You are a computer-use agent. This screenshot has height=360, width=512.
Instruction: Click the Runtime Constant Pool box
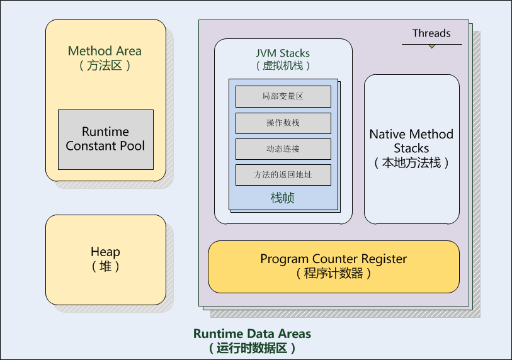coord(105,139)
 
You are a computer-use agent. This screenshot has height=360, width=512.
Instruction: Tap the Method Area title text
coord(105,51)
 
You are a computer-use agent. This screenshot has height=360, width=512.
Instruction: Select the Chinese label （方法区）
coord(105,65)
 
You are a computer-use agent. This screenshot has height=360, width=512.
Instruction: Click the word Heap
coord(105,252)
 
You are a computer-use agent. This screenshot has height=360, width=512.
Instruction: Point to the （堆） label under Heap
coord(105,266)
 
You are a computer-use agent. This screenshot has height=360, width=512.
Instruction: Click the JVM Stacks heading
coord(283,53)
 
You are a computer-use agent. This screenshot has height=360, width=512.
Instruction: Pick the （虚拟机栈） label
coord(283,65)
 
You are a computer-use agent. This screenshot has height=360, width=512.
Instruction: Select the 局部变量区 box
coord(283,96)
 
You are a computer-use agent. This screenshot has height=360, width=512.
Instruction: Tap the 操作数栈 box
coord(283,123)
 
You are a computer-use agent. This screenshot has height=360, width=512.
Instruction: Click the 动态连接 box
coord(283,149)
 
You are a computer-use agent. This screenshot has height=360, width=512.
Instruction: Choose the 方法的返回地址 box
coord(283,174)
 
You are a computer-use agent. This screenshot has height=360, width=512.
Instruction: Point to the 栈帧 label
coord(283,198)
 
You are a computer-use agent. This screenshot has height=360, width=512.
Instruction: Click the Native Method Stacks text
coord(411,141)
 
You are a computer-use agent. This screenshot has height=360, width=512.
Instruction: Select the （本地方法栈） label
coord(411,162)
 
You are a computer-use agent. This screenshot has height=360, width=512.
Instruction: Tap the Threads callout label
coord(431,33)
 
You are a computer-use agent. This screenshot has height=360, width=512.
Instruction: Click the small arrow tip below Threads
coord(431,47)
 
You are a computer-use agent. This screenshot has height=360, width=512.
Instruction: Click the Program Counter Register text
coord(333,259)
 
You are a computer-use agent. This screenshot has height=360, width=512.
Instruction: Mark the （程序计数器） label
coord(333,273)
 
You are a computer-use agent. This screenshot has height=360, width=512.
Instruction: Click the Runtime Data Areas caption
coord(252,334)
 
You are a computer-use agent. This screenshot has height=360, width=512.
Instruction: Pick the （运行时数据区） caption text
coord(252,347)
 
